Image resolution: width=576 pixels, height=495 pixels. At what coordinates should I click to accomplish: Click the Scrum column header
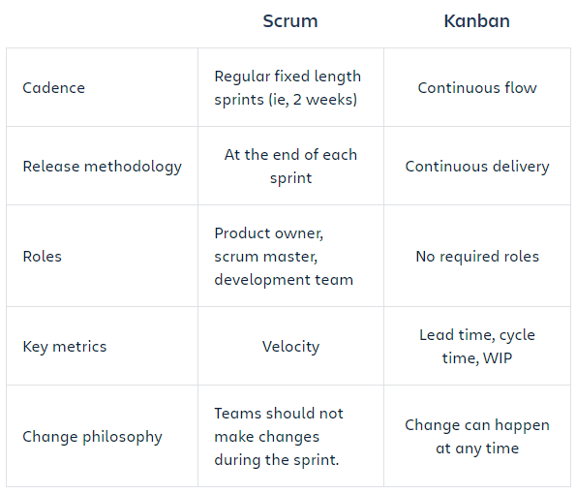290,21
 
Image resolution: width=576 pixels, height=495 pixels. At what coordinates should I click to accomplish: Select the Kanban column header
477,21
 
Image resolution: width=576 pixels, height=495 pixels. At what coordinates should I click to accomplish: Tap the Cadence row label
53,88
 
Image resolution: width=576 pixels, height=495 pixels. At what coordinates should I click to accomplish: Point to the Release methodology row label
102,167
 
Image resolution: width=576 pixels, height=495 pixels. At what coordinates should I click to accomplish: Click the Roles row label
43,257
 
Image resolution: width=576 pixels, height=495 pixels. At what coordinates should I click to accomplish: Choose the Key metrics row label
65,347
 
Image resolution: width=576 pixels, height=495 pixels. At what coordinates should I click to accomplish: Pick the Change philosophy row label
92,437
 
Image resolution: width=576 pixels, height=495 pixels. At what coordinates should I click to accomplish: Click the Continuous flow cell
477,88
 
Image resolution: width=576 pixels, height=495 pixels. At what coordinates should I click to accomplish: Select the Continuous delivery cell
477,167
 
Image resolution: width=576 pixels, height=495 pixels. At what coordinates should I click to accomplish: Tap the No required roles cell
477,257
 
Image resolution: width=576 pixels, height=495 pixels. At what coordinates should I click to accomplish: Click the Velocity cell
290,347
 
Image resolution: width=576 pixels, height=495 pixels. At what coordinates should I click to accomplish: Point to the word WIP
497,357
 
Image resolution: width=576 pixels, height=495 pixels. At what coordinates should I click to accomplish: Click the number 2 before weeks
297,100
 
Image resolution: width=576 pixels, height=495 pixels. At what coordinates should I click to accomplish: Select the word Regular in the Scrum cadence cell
242,77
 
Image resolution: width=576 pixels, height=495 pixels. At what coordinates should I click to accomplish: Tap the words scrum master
265,257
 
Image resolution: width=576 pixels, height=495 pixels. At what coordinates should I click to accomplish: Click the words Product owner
268,233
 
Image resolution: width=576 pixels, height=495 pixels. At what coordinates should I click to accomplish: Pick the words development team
284,280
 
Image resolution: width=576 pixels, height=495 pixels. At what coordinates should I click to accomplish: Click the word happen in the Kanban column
522,425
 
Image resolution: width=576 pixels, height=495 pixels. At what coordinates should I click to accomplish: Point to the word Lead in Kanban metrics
437,335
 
